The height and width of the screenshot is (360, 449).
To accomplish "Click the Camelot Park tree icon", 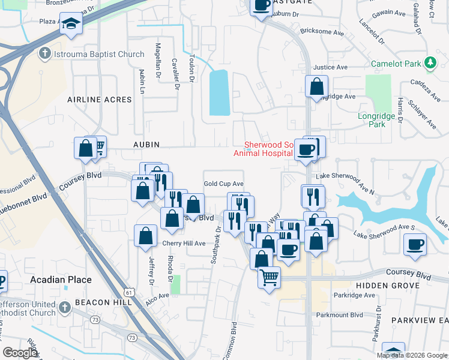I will pyautogui.click(x=430, y=62).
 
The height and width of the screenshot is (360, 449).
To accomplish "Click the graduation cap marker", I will pyautogui.click(x=71, y=25).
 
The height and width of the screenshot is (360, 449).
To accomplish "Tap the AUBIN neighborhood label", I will pyautogui.click(x=146, y=145).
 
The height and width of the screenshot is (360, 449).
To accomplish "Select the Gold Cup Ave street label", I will pyautogui.click(x=223, y=184).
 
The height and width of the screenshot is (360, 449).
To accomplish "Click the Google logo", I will pyautogui.click(x=20, y=353).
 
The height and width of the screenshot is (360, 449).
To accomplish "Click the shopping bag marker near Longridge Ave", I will pyautogui.click(x=316, y=86).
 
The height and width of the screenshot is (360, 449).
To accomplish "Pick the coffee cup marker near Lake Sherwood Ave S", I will pyautogui.click(x=415, y=244).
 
